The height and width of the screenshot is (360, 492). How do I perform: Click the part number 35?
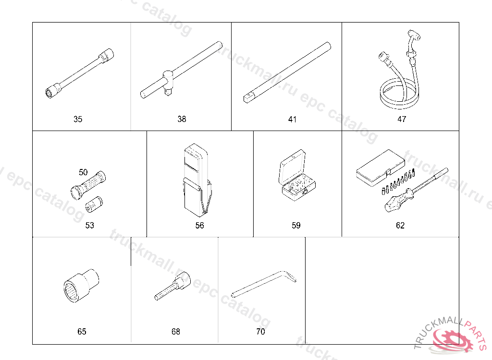(x=78, y=119)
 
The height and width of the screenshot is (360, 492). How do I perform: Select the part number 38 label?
(x=182, y=119)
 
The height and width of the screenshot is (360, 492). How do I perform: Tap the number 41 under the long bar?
(x=292, y=120)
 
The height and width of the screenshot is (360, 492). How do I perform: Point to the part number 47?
(x=402, y=119)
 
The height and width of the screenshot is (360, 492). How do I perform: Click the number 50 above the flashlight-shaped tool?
(x=83, y=172)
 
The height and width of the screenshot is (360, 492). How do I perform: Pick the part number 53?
(x=90, y=226)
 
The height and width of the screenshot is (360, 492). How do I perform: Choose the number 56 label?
(x=199, y=226)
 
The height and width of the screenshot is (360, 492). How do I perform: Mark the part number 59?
(x=296, y=226)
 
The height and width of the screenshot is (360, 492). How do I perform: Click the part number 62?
(x=400, y=226)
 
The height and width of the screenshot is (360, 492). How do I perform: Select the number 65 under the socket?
(x=82, y=332)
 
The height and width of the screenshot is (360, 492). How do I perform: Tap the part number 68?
(x=176, y=332)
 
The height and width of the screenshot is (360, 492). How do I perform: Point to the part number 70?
(x=260, y=332)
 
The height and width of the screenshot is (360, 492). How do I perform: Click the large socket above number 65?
(x=81, y=286)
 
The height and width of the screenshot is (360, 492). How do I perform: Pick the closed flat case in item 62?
(x=381, y=168)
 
